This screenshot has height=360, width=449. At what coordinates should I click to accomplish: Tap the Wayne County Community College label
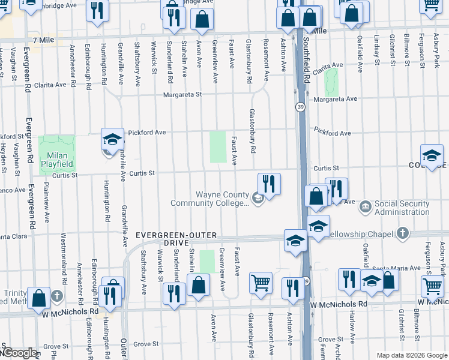click(x=209, y=199)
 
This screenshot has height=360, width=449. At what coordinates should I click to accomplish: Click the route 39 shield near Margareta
click(x=299, y=106)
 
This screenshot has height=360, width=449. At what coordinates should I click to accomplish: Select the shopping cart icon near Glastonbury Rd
click(x=261, y=281)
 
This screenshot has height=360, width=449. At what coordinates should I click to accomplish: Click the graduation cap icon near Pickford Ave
click(x=112, y=140)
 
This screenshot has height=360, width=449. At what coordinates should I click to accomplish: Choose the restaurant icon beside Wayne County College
click(x=270, y=184)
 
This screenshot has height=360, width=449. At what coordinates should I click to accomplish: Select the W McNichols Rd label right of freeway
click(x=339, y=304)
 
